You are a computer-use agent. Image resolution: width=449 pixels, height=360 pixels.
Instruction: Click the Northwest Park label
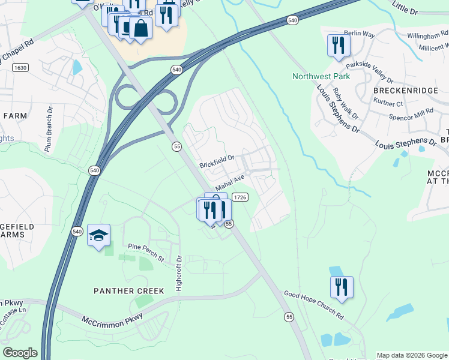[321, 76]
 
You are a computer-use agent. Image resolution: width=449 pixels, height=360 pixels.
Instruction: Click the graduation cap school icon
[99, 235]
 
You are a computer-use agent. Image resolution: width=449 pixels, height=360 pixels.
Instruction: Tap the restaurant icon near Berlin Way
[339, 45]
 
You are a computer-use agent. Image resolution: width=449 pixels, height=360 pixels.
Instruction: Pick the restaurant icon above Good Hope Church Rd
[342, 287]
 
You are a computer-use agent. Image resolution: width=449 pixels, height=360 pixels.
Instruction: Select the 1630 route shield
[20, 68]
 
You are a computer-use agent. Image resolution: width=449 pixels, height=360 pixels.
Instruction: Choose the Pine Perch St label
[146, 251]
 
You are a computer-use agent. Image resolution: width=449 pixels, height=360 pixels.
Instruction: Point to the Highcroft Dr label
[179, 274]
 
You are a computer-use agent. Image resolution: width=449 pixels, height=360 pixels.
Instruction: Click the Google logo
[20, 353]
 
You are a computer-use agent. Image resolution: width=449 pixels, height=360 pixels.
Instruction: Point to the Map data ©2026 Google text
[411, 355]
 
